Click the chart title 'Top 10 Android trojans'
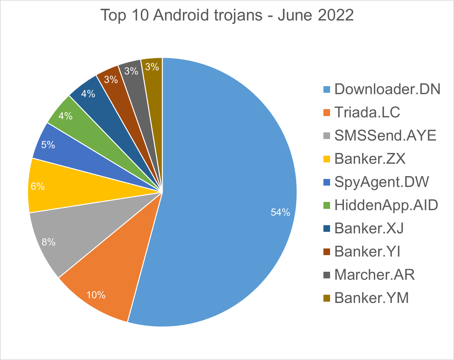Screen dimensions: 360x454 point(227,15)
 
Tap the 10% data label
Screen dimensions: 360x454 point(96,295)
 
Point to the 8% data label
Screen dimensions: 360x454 point(49,242)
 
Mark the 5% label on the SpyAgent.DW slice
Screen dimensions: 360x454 point(48,145)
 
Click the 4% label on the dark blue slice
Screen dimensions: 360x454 point(88,94)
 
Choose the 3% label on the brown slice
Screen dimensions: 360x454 point(111,80)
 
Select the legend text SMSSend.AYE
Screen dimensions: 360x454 point(385,136)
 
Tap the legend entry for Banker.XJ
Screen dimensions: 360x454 point(369,229)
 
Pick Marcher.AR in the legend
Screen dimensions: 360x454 point(375,275)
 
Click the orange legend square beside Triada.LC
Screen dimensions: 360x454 point(327,113)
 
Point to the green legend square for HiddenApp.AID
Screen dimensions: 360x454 point(327,206)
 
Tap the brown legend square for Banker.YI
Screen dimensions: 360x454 point(327,252)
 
